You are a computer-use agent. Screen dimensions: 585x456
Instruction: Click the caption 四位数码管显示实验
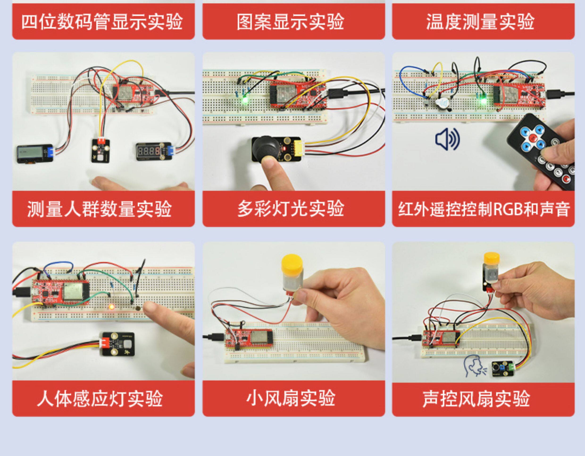102,22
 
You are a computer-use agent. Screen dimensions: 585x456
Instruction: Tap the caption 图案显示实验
290,22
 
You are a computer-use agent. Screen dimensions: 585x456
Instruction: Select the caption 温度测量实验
480,22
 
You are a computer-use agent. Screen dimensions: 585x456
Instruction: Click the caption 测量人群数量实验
99,209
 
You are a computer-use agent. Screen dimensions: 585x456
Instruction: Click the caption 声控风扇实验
476,399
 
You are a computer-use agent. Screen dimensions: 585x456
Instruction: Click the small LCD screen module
35,154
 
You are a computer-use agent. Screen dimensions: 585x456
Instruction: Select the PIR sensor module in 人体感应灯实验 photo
117,344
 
